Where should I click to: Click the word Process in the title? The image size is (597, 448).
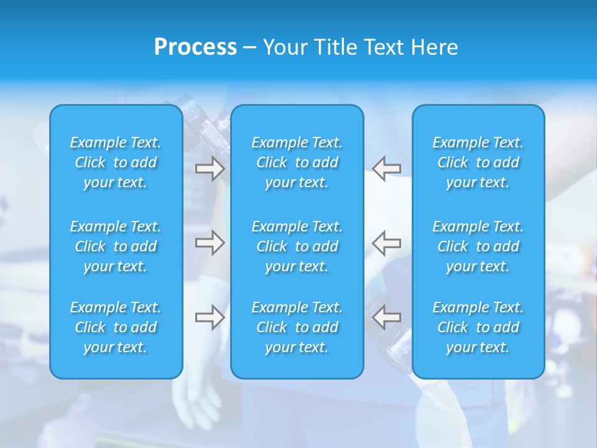pos(195,47)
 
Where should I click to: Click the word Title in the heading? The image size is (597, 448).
pos(335,47)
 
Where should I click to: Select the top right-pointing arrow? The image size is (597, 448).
pos(210,169)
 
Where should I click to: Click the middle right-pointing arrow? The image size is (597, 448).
pos(210,243)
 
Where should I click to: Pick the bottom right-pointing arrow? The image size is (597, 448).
pos(210,317)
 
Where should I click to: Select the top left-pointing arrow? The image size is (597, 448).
pos(386,169)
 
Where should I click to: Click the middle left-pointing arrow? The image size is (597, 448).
pos(386,243)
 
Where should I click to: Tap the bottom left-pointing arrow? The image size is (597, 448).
pos(386,317)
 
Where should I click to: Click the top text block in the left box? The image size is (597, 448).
pos(116,162)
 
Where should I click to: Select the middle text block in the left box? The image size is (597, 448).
pos(116,246)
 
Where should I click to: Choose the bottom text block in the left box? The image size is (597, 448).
pos(116,327)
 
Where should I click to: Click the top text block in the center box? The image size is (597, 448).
pos(297,162)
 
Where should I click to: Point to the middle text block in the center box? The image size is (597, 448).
pos(297,246)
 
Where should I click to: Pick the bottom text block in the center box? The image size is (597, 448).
pos(297,327)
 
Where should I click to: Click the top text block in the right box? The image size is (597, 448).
pos(478,162)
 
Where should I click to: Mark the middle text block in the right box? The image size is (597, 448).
pos(478,246)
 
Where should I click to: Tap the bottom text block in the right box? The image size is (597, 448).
pos(478,327)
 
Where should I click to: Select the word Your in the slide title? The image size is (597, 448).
pos(285,47)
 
